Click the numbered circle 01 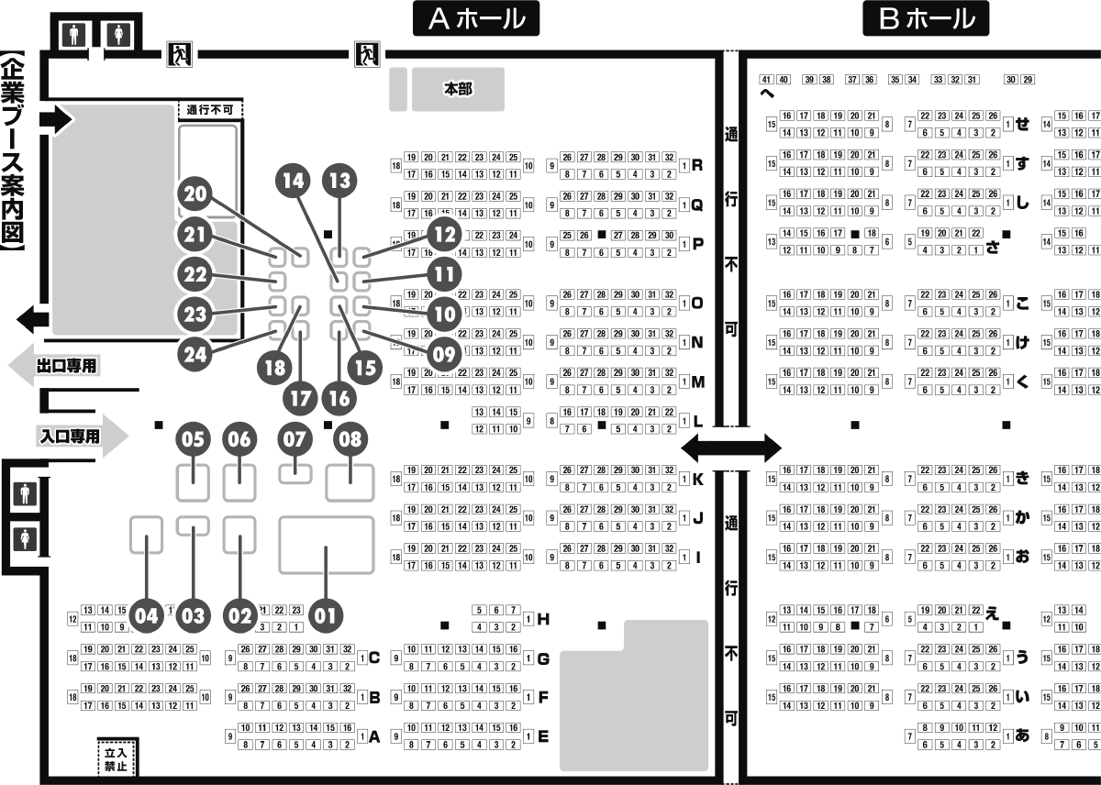point(326,615)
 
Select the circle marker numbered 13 point(340,181)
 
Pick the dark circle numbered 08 point(350,439)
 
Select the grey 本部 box point(457,89)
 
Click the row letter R point(696,166)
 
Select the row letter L point(696,422)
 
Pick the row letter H point(543,620)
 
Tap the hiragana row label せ point(1021,124)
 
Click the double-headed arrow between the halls point(730,448)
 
